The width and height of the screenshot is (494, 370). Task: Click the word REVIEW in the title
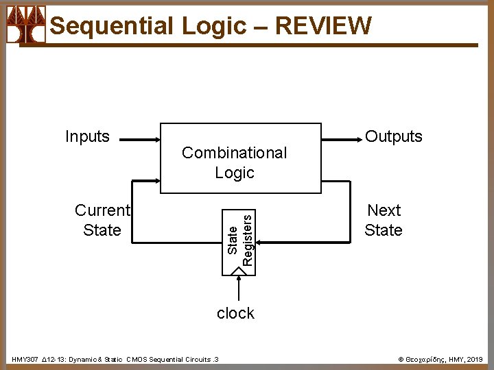click(x=322, y=26)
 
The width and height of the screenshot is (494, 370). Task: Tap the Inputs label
click(x=87, y=136)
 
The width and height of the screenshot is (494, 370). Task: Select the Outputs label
click(x=394, y=136)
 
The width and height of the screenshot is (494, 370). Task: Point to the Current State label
click(x=102, y=220)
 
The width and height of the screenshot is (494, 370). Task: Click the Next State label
click(x=384, y=220)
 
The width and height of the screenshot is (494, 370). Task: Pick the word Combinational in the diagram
click(x=234, y=153)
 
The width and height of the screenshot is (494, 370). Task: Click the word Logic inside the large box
click(x=235, y=173)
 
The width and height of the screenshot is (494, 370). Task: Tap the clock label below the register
click(x=235, y=313)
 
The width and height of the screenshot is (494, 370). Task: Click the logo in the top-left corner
click(x=25, y=26)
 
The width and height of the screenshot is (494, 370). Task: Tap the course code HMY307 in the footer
click(x=25, y=359)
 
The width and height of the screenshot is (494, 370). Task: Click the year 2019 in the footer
click(x=475, y=359)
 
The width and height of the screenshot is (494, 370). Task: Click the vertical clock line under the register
click(x=239, y=288)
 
